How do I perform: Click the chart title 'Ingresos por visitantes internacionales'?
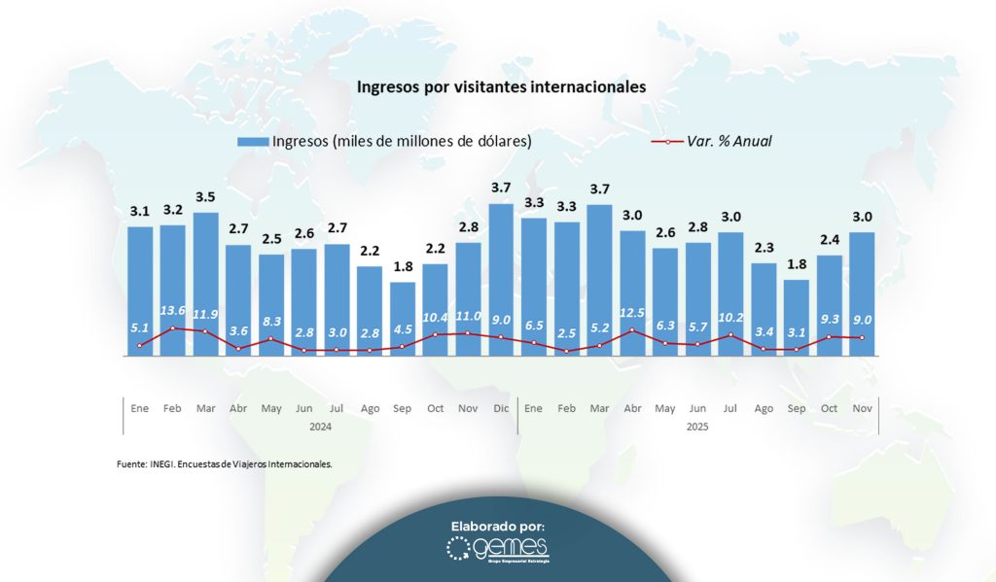click(501, 86)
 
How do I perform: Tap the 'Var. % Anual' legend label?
click(729, 141)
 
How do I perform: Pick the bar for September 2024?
click(403, 320)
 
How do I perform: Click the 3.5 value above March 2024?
click(206, 197)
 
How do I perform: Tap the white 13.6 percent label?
click(173, 311)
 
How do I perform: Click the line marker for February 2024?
click(173, 328)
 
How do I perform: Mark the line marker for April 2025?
click(632, 329)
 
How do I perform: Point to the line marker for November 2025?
click(862, 338)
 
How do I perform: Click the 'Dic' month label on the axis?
click(501, 409)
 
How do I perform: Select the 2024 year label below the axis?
click(321, 427)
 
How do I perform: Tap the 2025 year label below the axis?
click(697, 427)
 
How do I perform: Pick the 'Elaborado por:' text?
click(498, 526)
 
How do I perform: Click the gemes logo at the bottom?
click(498, 550)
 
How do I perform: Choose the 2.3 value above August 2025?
click(764, 248)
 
